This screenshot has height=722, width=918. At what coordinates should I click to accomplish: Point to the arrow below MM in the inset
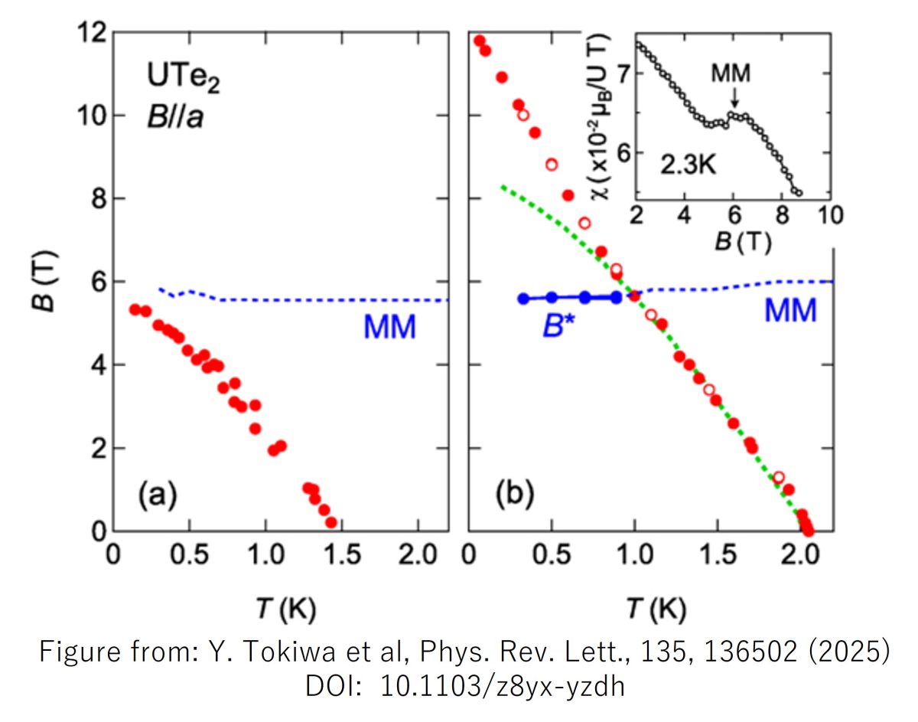coord(734,98)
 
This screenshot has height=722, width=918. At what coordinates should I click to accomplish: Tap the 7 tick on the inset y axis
coord(621,74)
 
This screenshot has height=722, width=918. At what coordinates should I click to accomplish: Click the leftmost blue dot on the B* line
coord(523,299)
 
